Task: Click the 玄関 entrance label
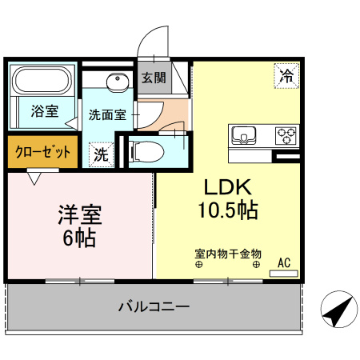pyautogui.click(x=154, y=78)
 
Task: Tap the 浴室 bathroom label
pyautogui.click(x=44, y=110)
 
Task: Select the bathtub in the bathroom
pyautogui.click(x=42, y=82)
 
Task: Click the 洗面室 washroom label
pyautogui.click(x=107, y=114)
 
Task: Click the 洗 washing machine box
pyautogui.click(x=101, y=154)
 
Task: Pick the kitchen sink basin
pyautogui.click(x=243, y=134)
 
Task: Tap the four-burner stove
pyautogui.click(x=286, y=134)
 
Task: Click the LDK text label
pyautogui.click(x=228, y=188)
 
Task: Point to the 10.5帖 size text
pyautogui.click(x=228, y=210)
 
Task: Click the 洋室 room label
pyautogui.click(x=79, y=214)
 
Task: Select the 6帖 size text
pyautogui.click(x=79, y=238)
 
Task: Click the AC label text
pyautogui.click(x=283, y=262)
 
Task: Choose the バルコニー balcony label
pyautogui.click(x=154, y=306)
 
